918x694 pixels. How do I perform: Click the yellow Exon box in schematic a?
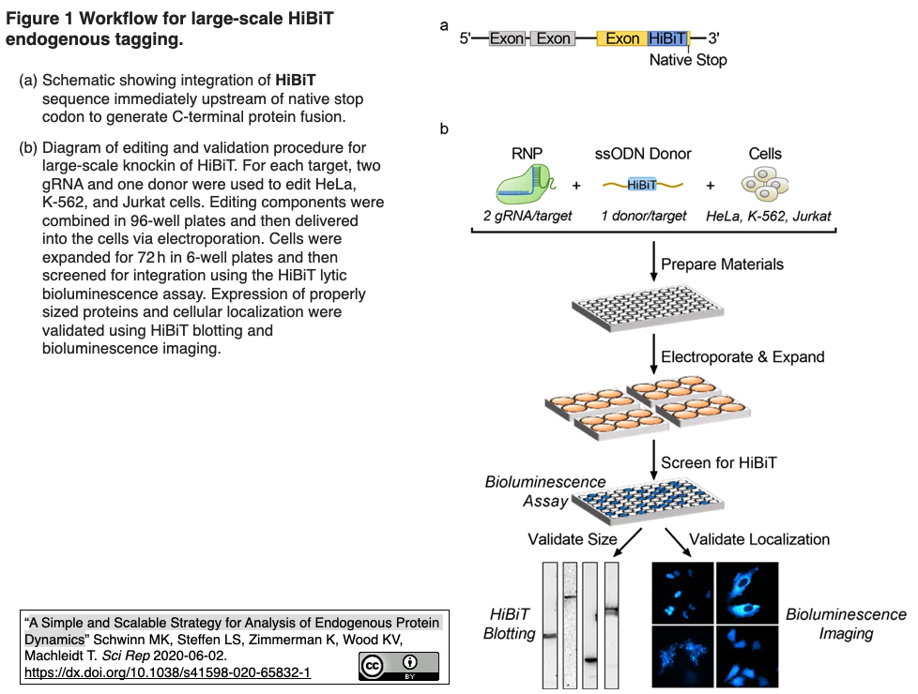[621, 38]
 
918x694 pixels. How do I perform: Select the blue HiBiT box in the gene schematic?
[667, 38]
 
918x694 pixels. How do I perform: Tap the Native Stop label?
[688, 60]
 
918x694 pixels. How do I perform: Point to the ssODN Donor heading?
[643, 154]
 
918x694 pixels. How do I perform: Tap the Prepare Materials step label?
[722, 264]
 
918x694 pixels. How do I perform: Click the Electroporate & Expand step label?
[742, 356]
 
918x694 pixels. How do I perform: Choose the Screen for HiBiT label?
[719, 462]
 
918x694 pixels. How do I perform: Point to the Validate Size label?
[573, 539]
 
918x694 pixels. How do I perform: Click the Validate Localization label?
[759, 539]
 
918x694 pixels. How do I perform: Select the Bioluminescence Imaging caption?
[846, 624]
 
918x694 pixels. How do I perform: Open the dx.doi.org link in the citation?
[167, 673]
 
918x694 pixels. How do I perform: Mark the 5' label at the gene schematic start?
[467, 38]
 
